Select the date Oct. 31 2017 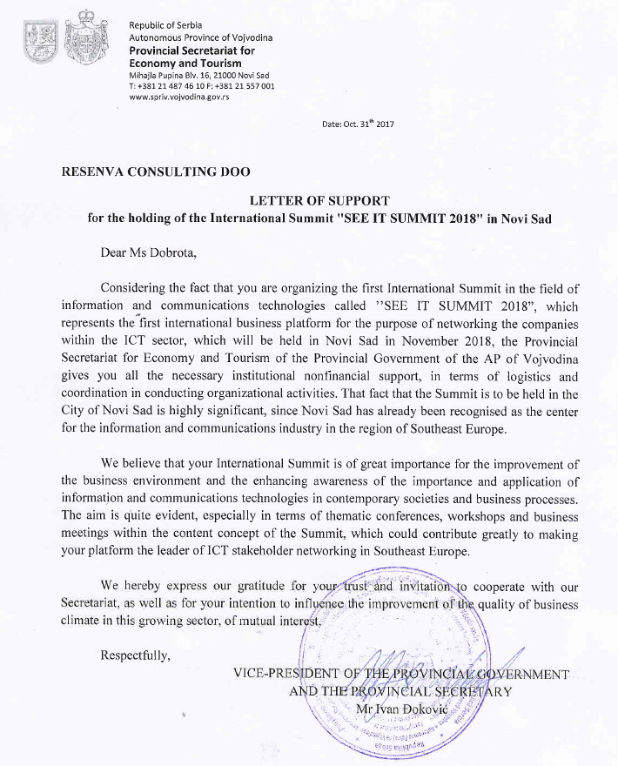(x=358, y=124)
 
